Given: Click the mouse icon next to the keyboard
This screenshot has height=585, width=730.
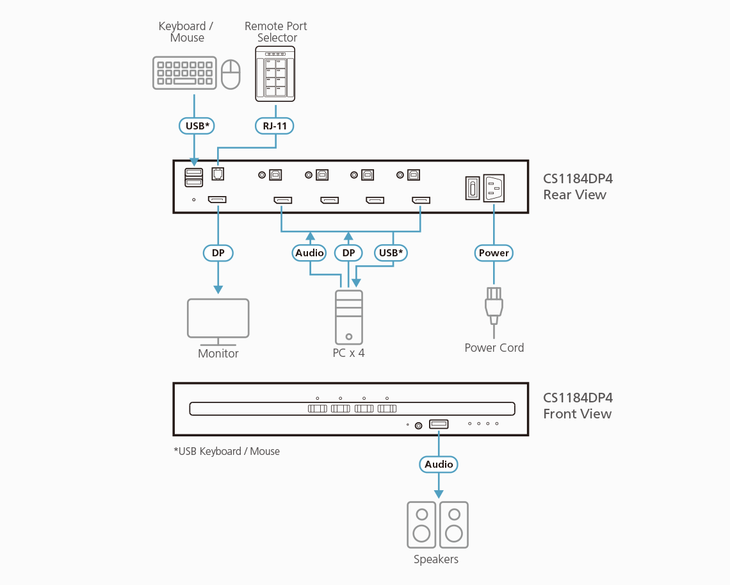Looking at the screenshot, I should pyautogui.click(x=231, y=74).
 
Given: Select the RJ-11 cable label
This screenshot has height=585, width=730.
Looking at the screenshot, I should pyautogui.click(x=275, y=126).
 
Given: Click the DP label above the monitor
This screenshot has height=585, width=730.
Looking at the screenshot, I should pyautogui.click(x=218, y=253).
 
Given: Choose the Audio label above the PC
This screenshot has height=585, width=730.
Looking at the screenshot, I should pyautogui.click(x=310, y=253).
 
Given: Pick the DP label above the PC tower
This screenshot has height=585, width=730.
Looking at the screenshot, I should pyautogui.click(x=348, y=253).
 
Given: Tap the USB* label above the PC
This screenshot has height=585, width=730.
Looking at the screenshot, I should pyautogui.click(x=391, y=253).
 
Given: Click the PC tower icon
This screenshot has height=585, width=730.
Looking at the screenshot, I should pyautogui.click(x=349, y=317).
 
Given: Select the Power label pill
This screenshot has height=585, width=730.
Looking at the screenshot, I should pyautogui.click(x=494, y=253).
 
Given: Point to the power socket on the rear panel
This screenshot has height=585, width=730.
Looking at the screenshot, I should pyautogui.click(x=494, y=188).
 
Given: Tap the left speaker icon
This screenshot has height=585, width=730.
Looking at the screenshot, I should pyautogui.click(x=421, y=525).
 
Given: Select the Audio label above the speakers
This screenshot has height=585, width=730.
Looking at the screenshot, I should pyautogui.click(x=439, y=465).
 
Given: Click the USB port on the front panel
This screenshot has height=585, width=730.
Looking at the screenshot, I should pyautogui.click(x=439, y=424).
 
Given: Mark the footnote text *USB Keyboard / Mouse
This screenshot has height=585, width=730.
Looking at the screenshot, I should pyautogui.click(x=227, y=451).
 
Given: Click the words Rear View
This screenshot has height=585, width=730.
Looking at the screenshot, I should pyautogui.click(x=574, y=195).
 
